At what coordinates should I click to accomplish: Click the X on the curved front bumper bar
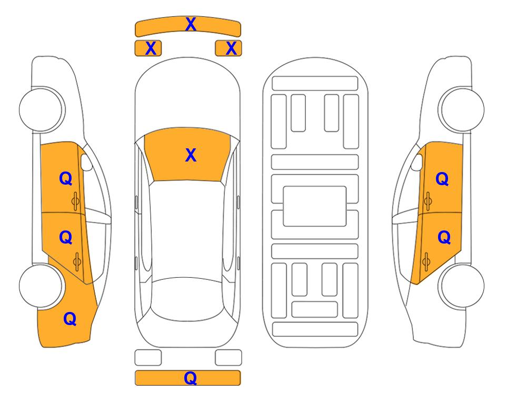(191, 24)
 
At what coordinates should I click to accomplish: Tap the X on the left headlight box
(151, 48)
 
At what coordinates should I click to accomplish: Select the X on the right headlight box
(231, 48)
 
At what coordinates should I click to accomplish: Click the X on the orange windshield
(191, 155)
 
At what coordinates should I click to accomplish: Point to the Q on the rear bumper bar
(191, 378)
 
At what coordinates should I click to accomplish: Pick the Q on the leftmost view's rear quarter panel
(69, 318)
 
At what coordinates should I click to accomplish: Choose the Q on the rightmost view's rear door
(444, 238)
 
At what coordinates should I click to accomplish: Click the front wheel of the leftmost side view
(42, 110)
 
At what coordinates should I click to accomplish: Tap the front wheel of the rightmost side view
(461, 110)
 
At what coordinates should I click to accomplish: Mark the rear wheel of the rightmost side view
(461, 287)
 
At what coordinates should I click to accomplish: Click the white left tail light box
(148, 358)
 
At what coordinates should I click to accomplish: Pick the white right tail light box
(228, 358)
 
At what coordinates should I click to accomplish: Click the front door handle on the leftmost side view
(76, 200)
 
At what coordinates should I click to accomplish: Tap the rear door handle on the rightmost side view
(426, 259)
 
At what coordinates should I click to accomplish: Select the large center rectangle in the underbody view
(315, 206)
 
